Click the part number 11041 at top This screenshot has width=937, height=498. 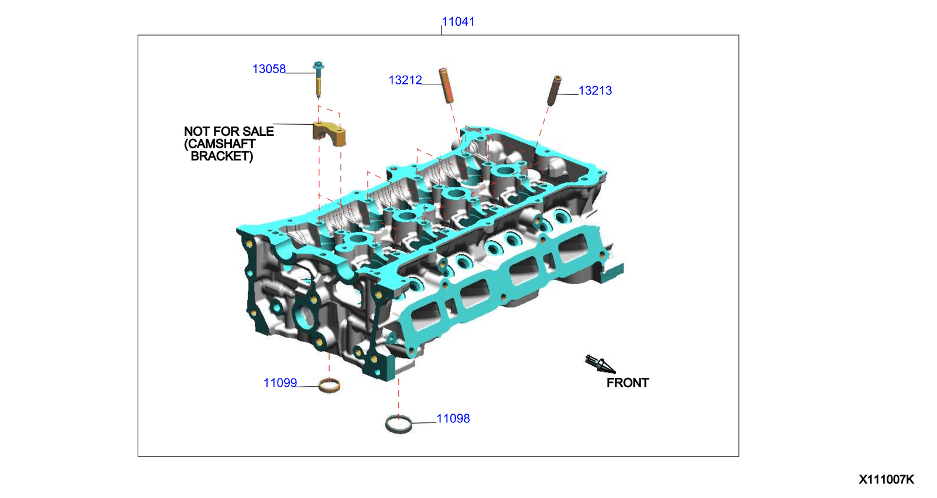pyautogui.click(x=458, y=22)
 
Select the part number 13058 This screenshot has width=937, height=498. pyautogui.click(x=269, y=69)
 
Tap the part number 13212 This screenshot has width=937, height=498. pyautogui.click(x=405, y=80)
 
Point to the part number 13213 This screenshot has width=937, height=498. pyautogui.click(x=595, y=91)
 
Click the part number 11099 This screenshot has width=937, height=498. pyautogui.click(x=280, y=383)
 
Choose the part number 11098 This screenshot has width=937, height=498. pyautogui.click(x=453, y=419)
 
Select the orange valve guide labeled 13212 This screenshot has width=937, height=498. pyautogui.click(x=447, y=86)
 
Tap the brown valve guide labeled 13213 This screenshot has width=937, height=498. pyautogui.click(x=554, y=90)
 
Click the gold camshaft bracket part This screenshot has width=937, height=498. pyautogui.click(x=329, y=134)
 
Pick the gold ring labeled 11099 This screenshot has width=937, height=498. pyautogui.click(x=329, y=386)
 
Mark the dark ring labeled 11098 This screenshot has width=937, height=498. pyautogui.click(x=399, y=424)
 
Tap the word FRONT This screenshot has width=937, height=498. pyautogui.click(x=627, y=383)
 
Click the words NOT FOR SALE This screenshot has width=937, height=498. pyautogui.click(x=228, y=132)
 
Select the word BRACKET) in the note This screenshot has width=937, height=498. pyautogui.click(x=222, y=156)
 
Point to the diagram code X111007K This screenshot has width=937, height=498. pyautogui.click(x=885, y=480)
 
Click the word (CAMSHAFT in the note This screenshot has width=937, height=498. pyautogui.click(x=220, y=144)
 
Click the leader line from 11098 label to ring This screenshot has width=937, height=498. pyautogui.click(x=424, y=422)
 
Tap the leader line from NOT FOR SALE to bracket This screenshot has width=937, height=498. pyautogui.click(x=293, y=124)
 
